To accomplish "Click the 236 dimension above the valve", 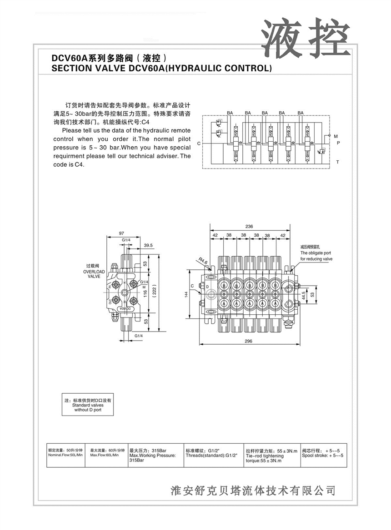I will click(x=249, y=226).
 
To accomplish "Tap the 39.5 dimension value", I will click(x=148, y=245).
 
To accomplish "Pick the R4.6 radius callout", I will click(x=203, y=262).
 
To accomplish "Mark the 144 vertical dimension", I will click(x=186, y=294).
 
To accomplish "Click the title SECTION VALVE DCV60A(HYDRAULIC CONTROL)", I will click(x=161, y=69).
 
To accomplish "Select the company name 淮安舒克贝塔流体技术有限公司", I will click(x=253, y=490).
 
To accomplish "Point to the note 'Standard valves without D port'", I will click(x=88, y=407).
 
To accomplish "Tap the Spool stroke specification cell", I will click(x=323, y=453).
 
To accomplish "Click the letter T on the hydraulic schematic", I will click(x=337, y=162).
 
